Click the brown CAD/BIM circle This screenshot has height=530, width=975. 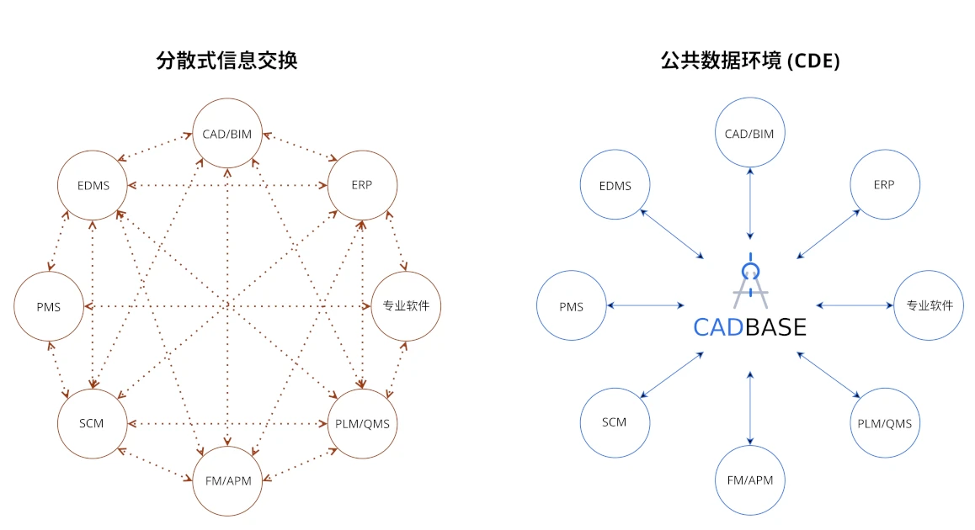[228, 133]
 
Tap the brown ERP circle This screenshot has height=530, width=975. [362, 185]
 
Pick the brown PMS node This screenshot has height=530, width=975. [49, 306]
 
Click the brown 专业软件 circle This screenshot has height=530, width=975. [406, 305]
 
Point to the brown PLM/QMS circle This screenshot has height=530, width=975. [362, 423]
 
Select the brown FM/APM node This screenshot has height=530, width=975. [228, 480]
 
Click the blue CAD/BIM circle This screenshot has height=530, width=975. [749, 133]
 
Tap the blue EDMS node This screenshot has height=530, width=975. [615, 185]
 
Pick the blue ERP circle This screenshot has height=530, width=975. [884, 185]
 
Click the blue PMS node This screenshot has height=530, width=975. [571, 306]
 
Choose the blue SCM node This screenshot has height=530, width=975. [615, 421]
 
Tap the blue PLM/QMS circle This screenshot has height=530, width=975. [884, 423]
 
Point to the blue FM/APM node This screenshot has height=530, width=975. [749, 480]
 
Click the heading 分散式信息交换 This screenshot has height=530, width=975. [227, 61]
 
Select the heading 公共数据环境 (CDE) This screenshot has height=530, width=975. [750, 61]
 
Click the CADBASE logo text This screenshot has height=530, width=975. [749, 326]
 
